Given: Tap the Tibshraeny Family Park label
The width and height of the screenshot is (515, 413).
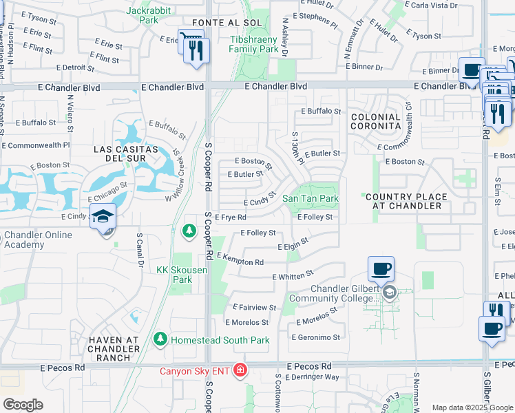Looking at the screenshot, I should (254, 44).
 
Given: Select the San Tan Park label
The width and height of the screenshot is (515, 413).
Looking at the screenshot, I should (311, 198).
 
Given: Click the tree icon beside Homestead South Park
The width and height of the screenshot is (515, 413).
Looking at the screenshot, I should (160, 339).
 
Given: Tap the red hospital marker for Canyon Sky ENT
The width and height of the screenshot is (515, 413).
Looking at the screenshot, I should (240, 372).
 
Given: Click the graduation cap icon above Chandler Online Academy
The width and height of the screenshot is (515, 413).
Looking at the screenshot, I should (103, 216).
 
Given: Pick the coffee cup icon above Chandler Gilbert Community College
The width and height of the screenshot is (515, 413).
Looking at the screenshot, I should (381, 268).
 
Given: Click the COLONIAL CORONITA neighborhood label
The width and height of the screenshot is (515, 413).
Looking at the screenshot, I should (375, 122).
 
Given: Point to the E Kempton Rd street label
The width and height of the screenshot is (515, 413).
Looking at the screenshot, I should (240, 260).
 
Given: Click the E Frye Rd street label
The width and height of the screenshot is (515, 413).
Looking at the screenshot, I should (231, 218).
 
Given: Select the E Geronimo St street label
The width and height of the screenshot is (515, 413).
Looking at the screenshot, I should (316, 337).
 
